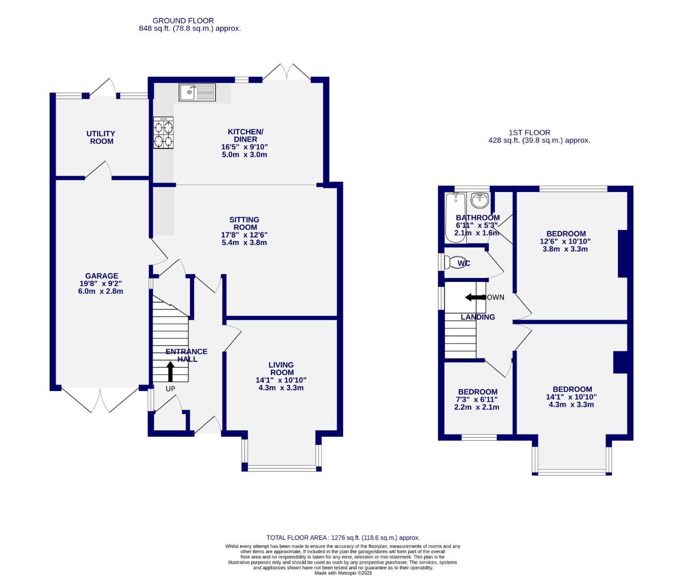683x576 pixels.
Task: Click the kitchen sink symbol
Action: coord(197,92)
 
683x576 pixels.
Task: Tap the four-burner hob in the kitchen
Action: coord(164,133)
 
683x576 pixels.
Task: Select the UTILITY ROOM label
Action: coord(101,138)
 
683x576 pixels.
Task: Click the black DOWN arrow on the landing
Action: coord(473,297)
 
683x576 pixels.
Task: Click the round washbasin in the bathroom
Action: coord(480,201)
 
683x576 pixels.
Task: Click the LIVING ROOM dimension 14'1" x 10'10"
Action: coord(281,380)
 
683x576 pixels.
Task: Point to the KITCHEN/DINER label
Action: coord(245,135)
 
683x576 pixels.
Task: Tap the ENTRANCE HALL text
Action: coord(187,355)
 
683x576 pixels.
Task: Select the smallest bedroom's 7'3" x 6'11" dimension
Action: coord(477,399)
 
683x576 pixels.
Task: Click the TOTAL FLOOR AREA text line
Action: coord(343,538)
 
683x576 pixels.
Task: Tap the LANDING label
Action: coord(478,317)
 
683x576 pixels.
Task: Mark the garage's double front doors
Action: coord(100,400)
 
